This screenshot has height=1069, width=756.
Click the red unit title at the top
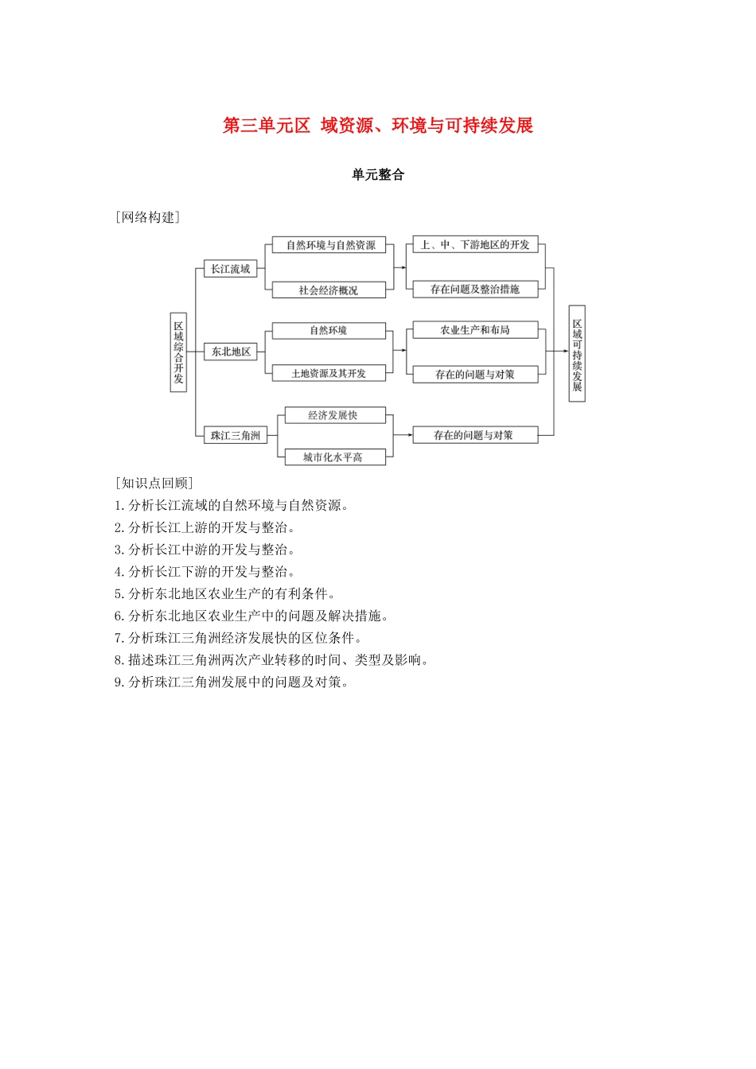coord(378,126)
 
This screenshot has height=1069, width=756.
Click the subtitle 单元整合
coord(378,175)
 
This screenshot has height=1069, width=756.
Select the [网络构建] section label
coord(147,218)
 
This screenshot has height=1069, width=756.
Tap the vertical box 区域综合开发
coord(179,352)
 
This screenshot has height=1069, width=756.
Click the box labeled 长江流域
coord(231,269)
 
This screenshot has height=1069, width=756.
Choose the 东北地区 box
coord(231,352)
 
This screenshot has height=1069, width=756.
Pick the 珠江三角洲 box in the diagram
coord(235,435)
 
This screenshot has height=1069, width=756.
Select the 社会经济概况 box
coord(329,290)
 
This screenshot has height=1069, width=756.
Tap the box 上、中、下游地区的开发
coord(475,245)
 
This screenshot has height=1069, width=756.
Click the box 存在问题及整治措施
coord(475,290)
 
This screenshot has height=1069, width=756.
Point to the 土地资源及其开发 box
coord(329,373)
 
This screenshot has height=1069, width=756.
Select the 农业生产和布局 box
coord(475,330)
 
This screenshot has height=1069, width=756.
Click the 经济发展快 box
coord(333,415)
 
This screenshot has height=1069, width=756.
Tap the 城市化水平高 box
coord(333,457)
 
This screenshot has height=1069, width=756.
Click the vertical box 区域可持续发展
coord(577,354)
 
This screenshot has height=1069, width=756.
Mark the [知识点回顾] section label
coord(154,483)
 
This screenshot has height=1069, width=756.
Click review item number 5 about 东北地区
coord(225,593)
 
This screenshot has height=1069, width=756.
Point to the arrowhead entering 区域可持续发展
coord(565,352)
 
